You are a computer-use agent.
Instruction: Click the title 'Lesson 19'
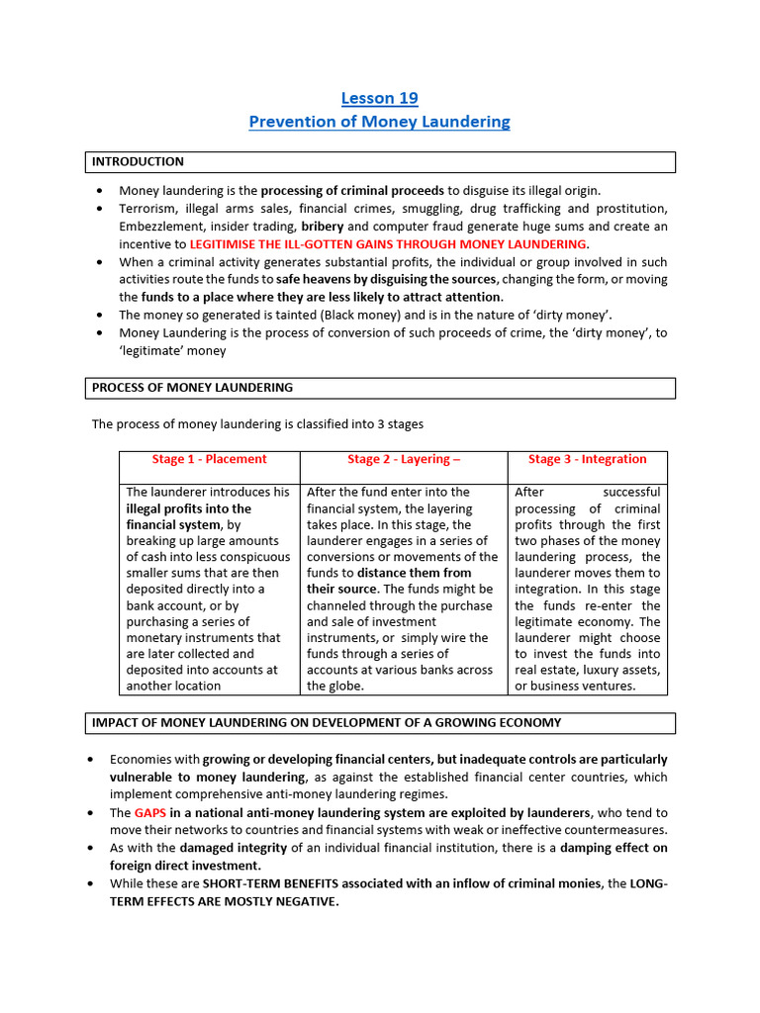point(380,98)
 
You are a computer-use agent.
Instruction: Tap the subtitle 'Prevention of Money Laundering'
point(380,122)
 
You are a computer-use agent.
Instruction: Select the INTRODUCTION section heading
point(138,161)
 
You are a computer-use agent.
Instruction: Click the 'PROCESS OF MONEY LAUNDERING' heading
point(192,387)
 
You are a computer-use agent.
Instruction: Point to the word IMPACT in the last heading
point(116,722)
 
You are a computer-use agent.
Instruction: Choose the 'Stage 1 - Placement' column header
point(209,459)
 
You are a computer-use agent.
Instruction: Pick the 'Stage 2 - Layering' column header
point(403,459)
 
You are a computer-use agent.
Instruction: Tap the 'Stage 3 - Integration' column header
point(587,459)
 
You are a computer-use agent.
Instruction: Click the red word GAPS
point(150,812)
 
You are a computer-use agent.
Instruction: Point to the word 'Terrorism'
point(149,209)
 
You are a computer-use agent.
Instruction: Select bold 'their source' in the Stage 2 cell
point(342,590)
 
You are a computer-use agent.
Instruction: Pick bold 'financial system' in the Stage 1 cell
point(175,525)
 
